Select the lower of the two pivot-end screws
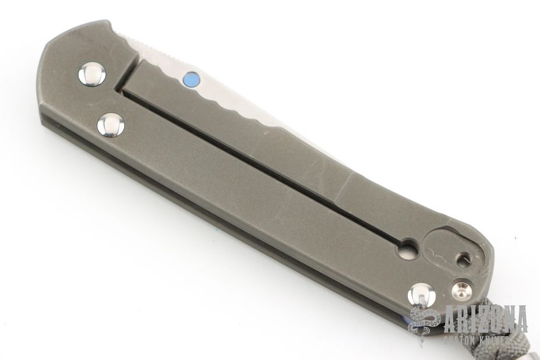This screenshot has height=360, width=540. point(111,125)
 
